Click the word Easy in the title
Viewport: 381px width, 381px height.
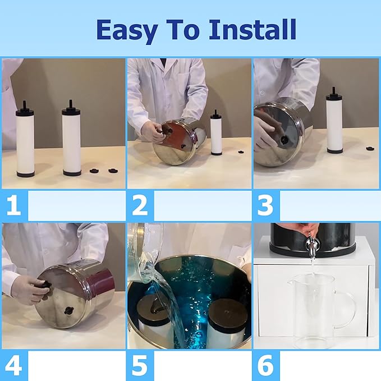[127, 30]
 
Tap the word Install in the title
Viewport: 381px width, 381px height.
[252, 29]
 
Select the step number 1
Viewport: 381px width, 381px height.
[13, 205]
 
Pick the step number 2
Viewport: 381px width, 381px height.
[140, 205]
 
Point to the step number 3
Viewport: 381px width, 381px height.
[265, 205]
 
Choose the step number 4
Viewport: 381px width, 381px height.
[13, 365]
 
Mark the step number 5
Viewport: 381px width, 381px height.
[140, 365]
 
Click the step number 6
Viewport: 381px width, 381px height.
[265, 365]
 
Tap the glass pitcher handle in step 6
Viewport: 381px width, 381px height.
[347, 310]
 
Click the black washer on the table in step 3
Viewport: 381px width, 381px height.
[370, 148]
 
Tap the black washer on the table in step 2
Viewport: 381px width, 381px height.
[241, 152]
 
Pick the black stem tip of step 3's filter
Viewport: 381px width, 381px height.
[334, 90]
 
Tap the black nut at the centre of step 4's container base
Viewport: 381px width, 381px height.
[68, 310]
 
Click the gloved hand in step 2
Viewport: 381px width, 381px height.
[152, 131]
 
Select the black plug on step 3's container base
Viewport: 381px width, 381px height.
[283, 140]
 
